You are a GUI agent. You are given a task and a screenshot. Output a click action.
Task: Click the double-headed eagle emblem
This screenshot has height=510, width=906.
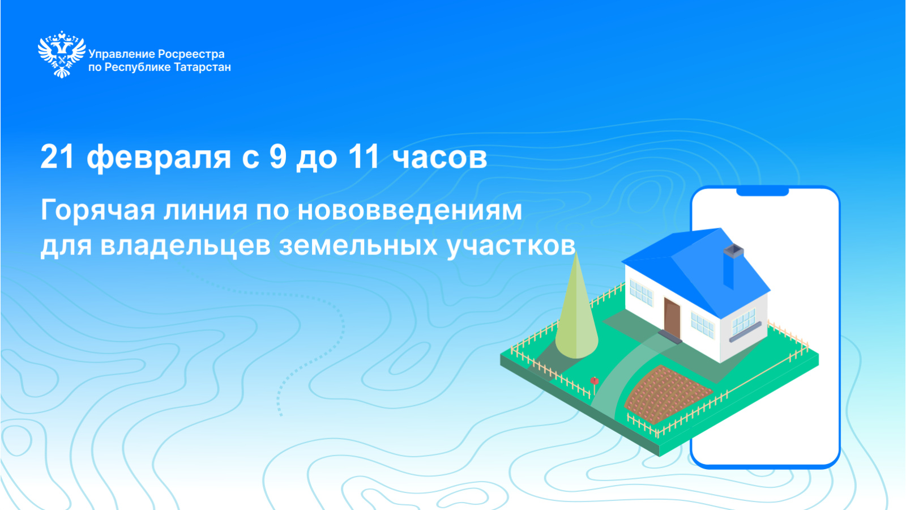(x=62, y=54)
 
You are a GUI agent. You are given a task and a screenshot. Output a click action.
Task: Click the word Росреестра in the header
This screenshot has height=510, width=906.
(x=191, y=54)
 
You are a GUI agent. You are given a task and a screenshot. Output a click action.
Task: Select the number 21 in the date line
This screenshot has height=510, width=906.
(x=57, y=156)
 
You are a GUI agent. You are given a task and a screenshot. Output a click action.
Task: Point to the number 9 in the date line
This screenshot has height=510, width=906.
(x=278, y=156)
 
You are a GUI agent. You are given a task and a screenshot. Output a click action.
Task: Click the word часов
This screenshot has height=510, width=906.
(x=439, y=158)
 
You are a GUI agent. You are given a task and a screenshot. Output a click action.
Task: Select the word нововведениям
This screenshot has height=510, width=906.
(x=410, y=211)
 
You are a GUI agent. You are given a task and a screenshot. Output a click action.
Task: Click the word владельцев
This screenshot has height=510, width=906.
(x=185, y=246)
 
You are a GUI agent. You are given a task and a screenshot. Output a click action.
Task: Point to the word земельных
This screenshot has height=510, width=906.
(x=358, y=246)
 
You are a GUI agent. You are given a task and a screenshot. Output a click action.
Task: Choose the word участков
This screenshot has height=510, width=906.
(x=511, y=246)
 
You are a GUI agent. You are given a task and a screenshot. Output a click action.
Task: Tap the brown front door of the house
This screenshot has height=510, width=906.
(x=672, y=318)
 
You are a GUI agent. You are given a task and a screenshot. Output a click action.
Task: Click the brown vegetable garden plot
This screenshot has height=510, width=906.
(x=668, y=394)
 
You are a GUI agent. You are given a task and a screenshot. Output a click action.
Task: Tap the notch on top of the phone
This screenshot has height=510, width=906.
(x=762, y=192)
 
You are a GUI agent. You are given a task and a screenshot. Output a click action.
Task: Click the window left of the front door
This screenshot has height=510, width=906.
(x=642, y=292)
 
